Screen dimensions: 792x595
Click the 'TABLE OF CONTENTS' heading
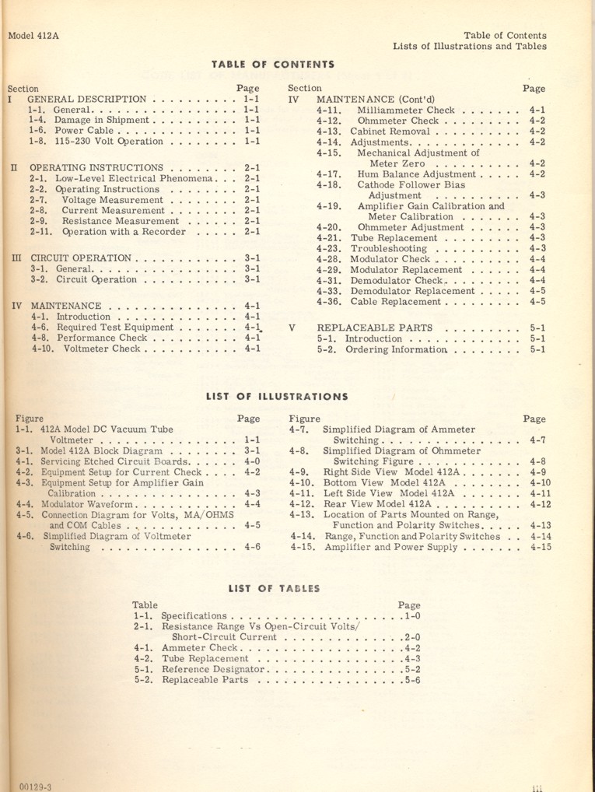coord(272,64)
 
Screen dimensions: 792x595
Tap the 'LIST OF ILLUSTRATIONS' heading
coord(277,396)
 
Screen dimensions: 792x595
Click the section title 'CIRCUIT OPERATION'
coord(80,258)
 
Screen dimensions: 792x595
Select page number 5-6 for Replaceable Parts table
coord(411,679)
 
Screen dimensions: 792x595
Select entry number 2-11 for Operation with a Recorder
coord(44,232)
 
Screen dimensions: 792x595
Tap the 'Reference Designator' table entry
coord(214,668)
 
